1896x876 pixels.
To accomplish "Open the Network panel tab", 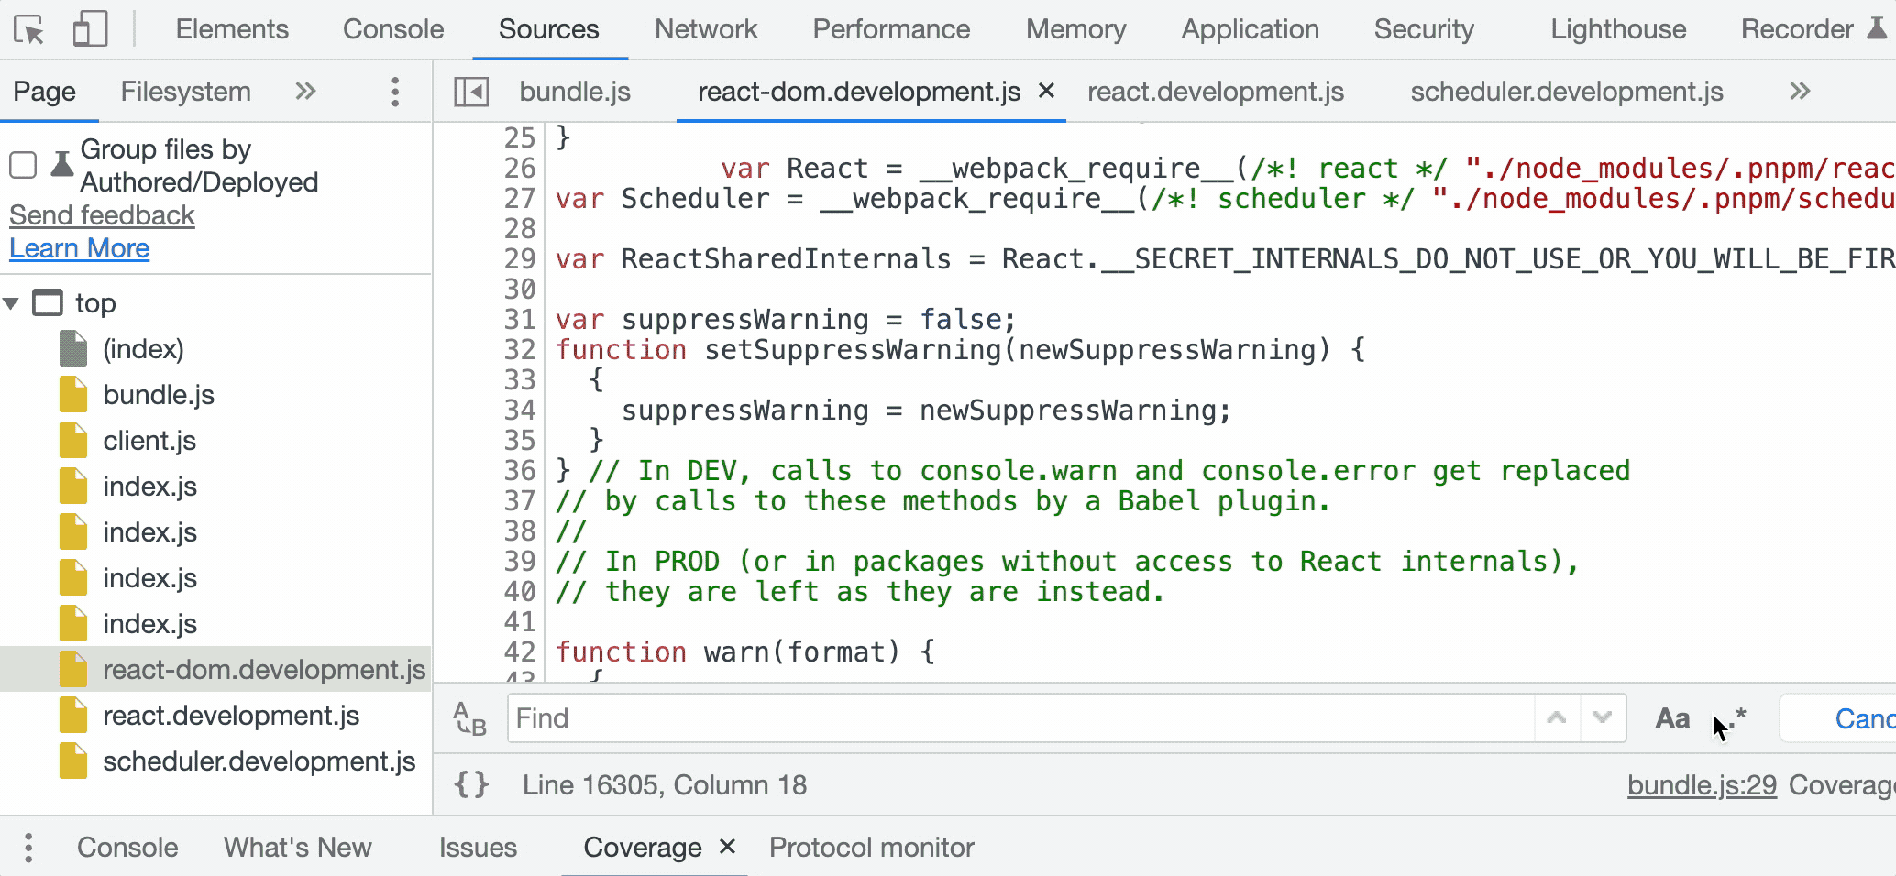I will point(706,29).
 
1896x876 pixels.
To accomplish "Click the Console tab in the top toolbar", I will point(393,29).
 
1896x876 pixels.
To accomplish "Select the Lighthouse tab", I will point(1618,29).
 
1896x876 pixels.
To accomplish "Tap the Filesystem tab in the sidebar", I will point(185,92).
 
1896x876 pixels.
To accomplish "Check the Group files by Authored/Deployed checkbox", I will point(23,165).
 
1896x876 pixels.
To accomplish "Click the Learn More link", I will point(80,248).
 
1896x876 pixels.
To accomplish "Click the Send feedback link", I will point(102,215).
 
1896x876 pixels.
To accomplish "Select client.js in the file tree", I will point(149,441).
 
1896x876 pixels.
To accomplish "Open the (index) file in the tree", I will point(143,349).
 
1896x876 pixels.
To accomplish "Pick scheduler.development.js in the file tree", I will point(259,761).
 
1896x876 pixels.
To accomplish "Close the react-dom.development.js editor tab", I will point(1046,91).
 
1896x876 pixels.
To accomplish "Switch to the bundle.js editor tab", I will point(575,92).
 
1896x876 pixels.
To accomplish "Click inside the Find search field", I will point(1018,718).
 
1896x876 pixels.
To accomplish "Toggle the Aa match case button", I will point(1672,718).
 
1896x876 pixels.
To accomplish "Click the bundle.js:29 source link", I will point(1702,785).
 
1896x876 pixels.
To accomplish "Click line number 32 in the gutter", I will point(519,350).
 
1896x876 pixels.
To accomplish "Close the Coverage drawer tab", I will point(727,847).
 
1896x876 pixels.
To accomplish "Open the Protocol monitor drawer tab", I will point(871,848).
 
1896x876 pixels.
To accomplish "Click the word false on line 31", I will point(961,320).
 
